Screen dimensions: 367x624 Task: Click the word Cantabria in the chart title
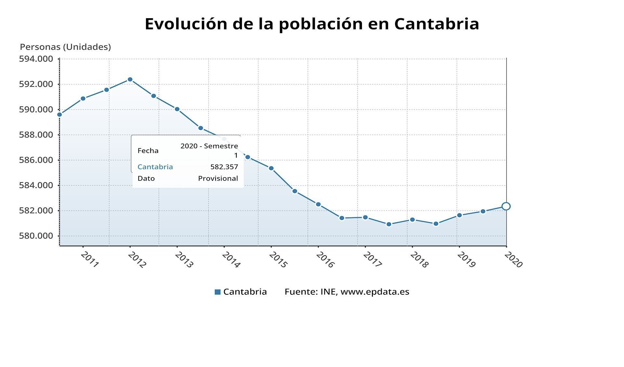point(436,24)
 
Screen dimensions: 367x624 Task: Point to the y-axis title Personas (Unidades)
point(65,47)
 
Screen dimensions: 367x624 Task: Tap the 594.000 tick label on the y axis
point(36,59)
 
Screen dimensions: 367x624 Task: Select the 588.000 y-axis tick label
point(36,135)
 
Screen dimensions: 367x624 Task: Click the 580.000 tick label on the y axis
point(36,236)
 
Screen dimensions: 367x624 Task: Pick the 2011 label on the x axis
point(89,260)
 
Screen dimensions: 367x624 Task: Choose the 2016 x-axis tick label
point(325,260)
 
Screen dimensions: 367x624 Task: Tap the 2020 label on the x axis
point(513,260)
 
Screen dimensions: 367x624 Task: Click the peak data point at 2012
point(130,79)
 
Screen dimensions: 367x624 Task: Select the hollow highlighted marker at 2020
point(506,206)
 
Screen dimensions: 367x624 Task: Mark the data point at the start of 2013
point(177,109)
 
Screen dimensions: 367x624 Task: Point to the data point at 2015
point(271,168)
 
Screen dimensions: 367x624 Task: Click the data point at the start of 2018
point(412,220)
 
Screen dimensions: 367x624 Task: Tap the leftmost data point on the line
point(60,115)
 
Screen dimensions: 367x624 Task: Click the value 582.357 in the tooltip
point(224,167)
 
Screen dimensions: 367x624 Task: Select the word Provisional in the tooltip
point(218,178)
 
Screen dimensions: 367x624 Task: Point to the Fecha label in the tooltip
point(148,151)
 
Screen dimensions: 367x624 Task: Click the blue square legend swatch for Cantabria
point(218,292)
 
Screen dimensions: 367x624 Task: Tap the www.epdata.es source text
point(375,292)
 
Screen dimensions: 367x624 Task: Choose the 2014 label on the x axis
point(231,260)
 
